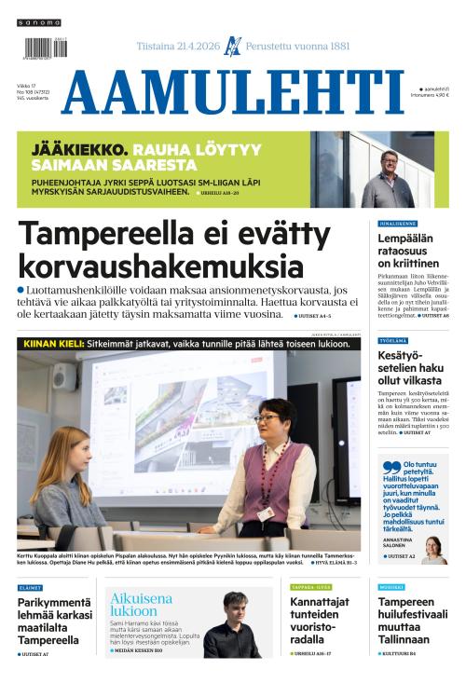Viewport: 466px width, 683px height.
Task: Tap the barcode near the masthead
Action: pyautogui.click(x=43, y=48)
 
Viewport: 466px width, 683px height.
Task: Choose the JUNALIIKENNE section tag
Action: pyautogui.click(x=397, y=224)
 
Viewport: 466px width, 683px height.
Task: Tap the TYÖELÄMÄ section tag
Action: pyautogui.click(x=392, y=341)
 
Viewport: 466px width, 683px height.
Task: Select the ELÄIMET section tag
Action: pyautogui.click(x=30, y=588)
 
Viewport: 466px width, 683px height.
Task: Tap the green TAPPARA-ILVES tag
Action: pyautogui.click(x=310, y=588)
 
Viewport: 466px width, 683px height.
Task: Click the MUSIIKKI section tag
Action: pyautogui.click(x=392, y=588)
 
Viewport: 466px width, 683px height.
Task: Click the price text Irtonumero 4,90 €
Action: pyautogui.click(x=431, y=95)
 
